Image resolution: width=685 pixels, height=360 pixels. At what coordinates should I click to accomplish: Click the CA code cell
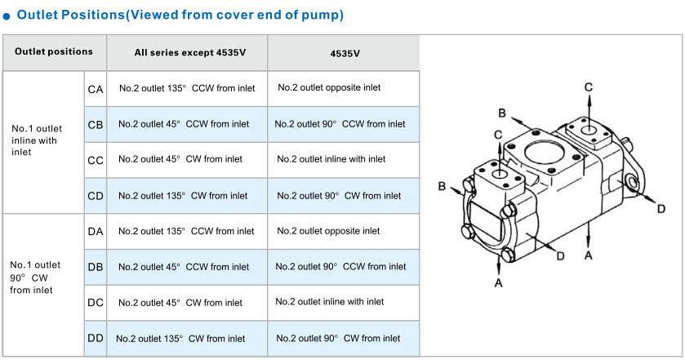click(96, 89)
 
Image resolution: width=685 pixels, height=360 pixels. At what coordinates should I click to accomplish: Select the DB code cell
click(96, 267)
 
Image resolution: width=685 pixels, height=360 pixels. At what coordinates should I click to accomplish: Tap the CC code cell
click(96, 160)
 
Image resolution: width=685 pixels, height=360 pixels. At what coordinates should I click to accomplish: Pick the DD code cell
click(96, 338)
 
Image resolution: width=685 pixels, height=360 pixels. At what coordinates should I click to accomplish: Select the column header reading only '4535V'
click(344, 53)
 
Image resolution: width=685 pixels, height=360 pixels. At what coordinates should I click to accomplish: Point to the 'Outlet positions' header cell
click(54, 52)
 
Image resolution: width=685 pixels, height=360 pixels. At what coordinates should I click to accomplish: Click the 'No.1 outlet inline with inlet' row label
click(37, 140)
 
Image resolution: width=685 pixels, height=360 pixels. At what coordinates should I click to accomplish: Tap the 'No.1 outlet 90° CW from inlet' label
click(35, 278)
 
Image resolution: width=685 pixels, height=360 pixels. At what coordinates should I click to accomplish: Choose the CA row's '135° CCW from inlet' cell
click(187, 89)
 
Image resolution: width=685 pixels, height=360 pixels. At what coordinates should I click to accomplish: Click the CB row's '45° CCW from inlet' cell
click(187, 125)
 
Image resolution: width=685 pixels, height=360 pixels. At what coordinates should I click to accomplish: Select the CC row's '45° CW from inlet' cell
click(187, 160)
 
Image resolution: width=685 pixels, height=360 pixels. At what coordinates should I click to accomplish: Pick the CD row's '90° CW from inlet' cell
click(344, 196)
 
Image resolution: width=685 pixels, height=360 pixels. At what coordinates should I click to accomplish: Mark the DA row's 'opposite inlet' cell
click(344, 232)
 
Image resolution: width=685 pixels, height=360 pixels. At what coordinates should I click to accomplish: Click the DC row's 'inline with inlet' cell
click(344, 302)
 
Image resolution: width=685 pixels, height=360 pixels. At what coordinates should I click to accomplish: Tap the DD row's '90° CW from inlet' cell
click(344, 338)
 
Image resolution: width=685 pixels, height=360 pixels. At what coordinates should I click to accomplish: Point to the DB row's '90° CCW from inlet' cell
click(344, 267)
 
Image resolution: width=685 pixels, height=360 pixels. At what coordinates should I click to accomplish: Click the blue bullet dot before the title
click(6, 16)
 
